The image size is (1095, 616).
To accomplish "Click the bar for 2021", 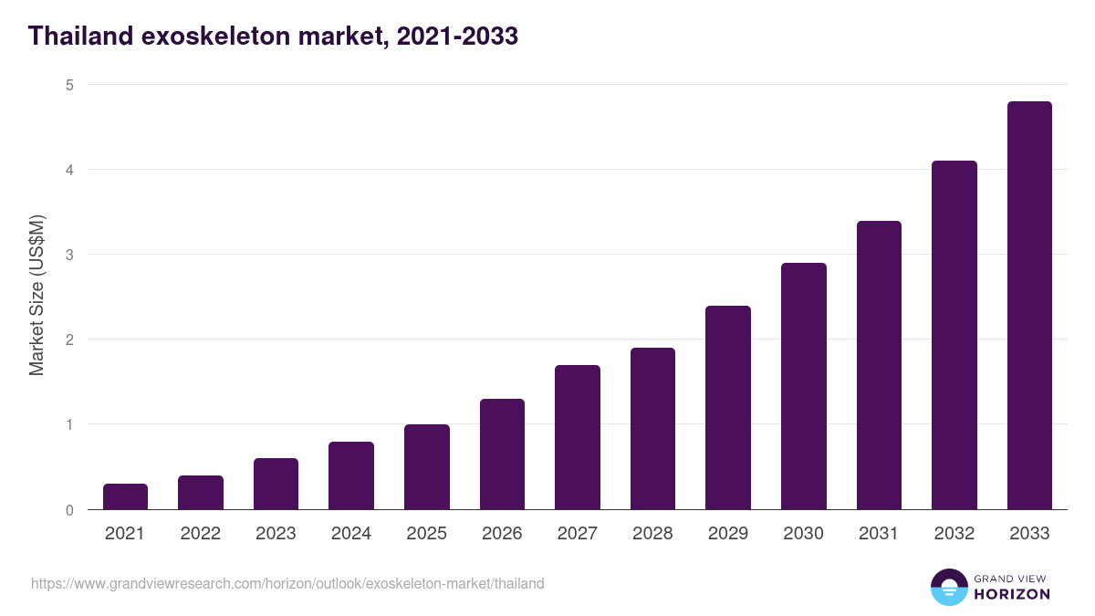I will pos(125,496).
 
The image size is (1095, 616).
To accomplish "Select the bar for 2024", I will pos(351,475).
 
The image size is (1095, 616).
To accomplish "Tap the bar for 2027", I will pos(577,437).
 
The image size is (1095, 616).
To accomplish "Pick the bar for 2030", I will pos(803,386).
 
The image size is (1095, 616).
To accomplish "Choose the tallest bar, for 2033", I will pos(1029,306).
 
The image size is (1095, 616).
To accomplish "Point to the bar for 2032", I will pos(954,335).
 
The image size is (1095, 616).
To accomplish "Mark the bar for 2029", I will pos(728,407).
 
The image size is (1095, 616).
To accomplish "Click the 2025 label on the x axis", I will pos(426,534).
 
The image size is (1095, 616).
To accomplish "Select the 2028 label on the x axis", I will pos(652,534).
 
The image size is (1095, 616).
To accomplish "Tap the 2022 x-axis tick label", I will pos(200,534).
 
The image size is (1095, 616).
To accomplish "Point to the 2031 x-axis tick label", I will pos(879,534).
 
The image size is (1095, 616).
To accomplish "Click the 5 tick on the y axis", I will pos(68,85).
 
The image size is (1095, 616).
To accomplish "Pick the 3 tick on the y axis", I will pos(68,255).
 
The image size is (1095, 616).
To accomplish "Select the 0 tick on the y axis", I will pos(68,510).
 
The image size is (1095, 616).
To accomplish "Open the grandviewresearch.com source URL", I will pos(287,583).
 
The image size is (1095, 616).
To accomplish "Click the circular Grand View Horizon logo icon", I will pos(948,587).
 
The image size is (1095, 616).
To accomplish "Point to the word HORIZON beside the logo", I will pos(1012,594).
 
